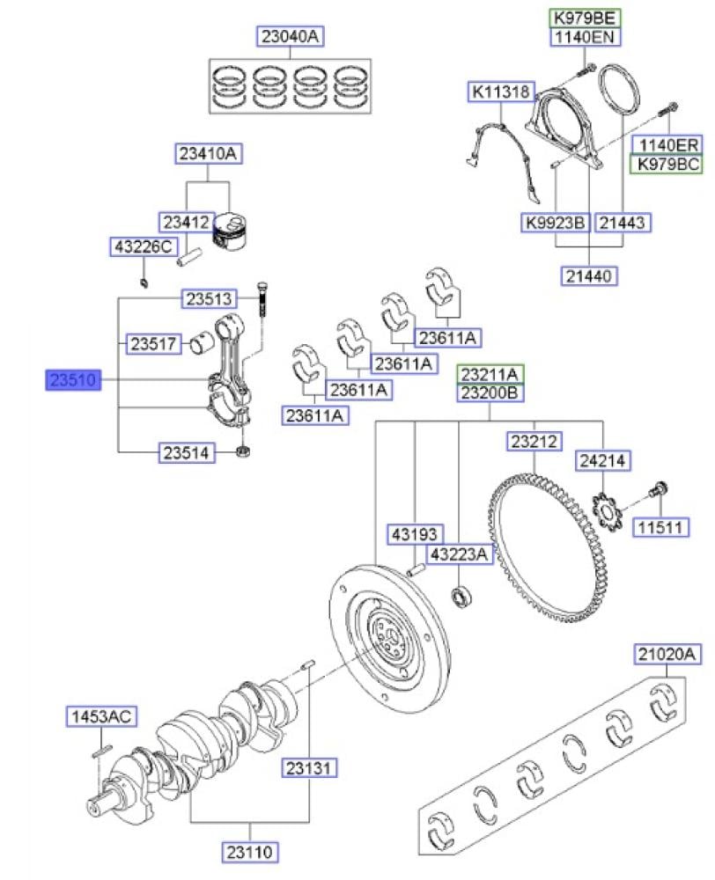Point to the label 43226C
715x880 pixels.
click(142, 247)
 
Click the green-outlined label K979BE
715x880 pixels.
click(586, 17)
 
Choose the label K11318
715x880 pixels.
click(499, 92)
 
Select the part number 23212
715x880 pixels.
click(534, 441)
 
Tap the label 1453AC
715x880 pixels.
click(100, 717)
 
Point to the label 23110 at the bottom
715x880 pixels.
click(251, 851)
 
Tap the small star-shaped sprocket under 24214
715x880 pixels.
click(604, 512)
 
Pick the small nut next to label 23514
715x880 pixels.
click(245, 453)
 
